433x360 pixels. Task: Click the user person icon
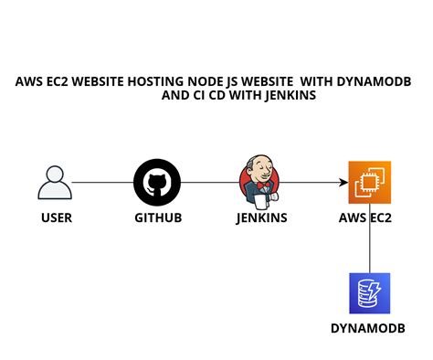[55, 182]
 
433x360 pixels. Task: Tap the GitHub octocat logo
[157, 182]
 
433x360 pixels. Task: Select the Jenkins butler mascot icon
[259, 180]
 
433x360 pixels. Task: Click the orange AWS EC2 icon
[369, 182]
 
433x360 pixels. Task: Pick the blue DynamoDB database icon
[369, 293]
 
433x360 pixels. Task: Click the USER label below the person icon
[56, 218]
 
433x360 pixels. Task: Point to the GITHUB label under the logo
[157, 218]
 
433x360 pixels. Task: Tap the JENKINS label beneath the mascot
[262, 218]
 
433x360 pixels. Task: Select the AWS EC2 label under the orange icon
[369, 218]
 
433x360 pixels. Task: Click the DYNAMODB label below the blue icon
[369, 328]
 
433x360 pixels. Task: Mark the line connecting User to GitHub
[102, 183]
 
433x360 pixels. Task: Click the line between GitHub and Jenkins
[208, 183]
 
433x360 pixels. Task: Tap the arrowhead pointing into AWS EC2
[343, 183]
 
